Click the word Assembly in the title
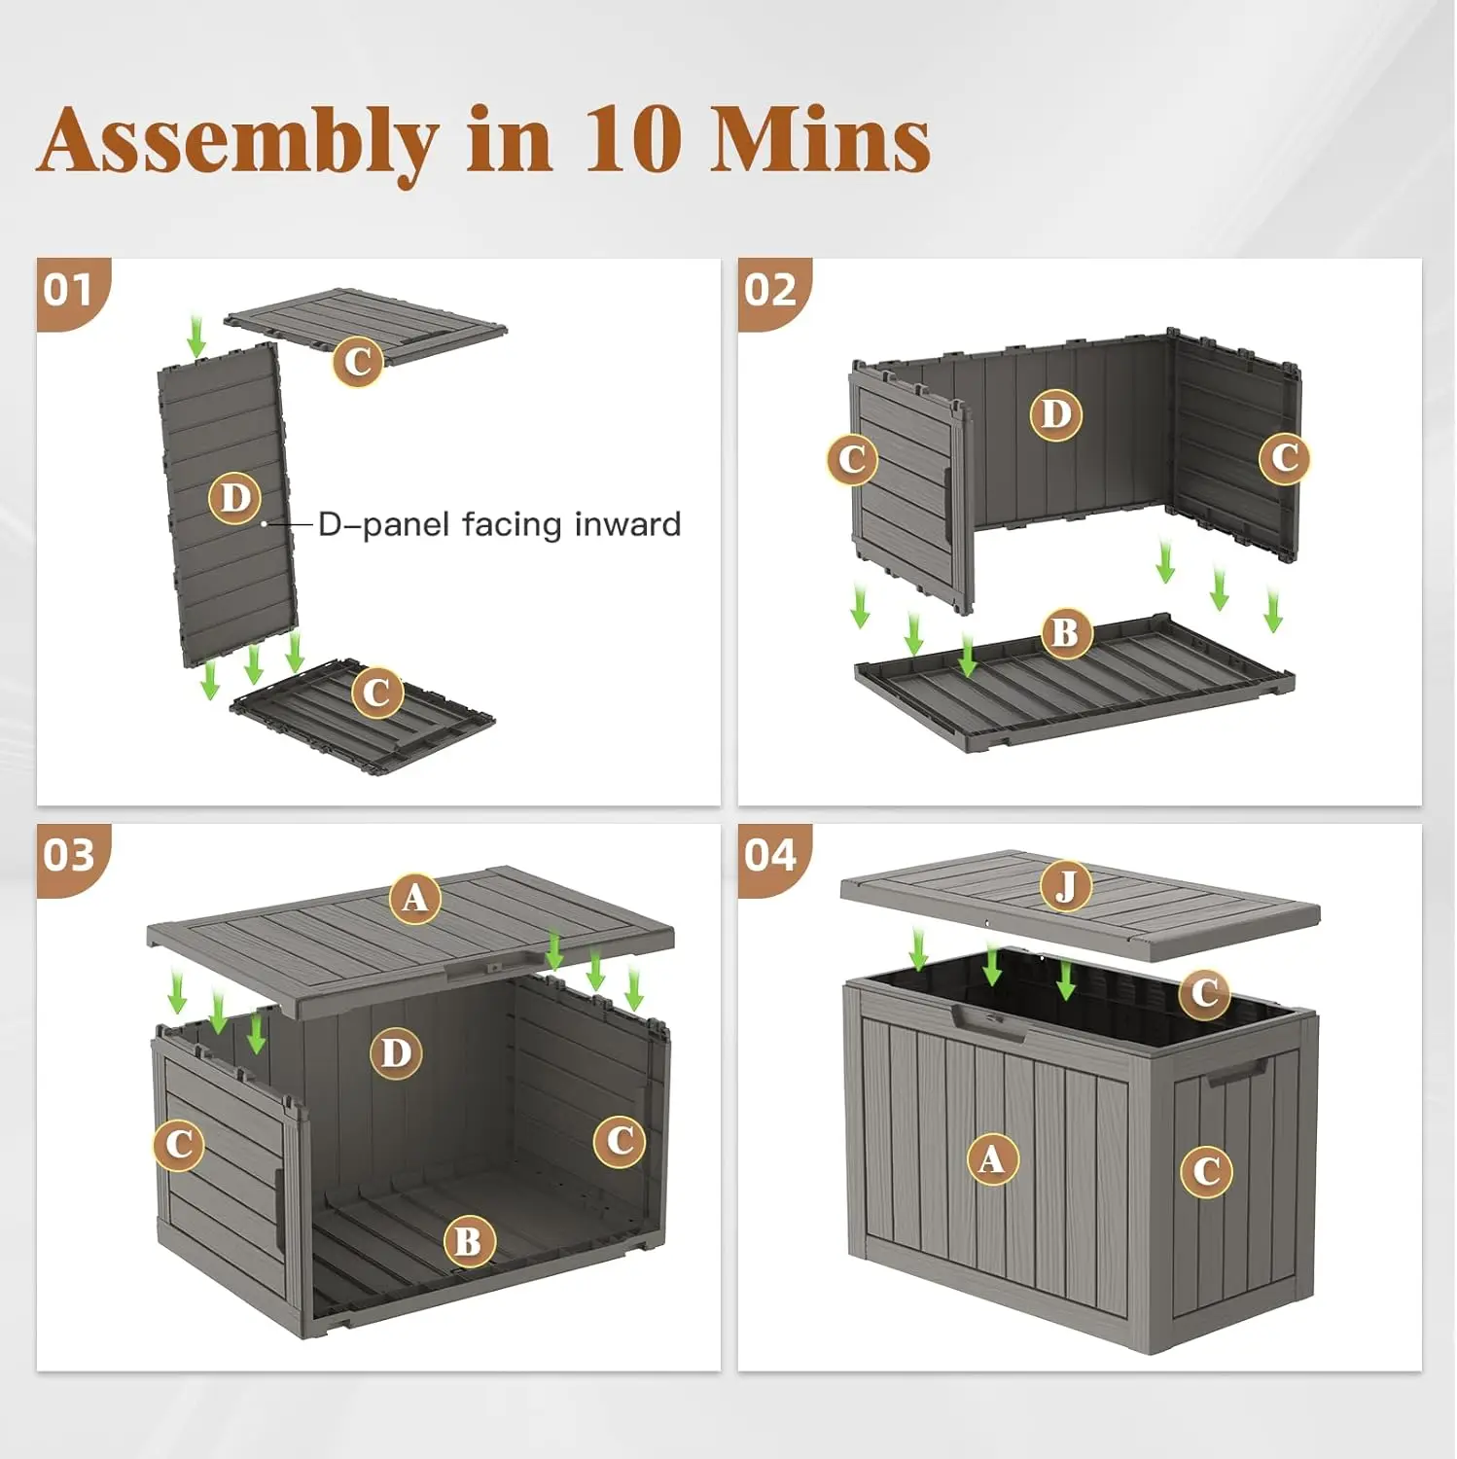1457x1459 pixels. point(238,141)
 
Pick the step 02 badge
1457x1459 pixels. point(770,290)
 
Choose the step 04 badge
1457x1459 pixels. point(770,856)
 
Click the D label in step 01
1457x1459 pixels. point(234,498)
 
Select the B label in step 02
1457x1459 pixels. point(1066,633)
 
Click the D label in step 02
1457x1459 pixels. point(1055,414)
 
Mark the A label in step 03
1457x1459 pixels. point(415,898)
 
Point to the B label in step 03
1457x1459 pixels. point(469,1242)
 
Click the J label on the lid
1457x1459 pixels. point(1066,887)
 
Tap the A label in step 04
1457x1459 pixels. point(992,1159)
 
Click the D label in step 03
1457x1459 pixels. point(396,1053)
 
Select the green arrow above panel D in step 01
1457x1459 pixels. point(196,336)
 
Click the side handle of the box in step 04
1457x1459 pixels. point(1238,1072)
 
